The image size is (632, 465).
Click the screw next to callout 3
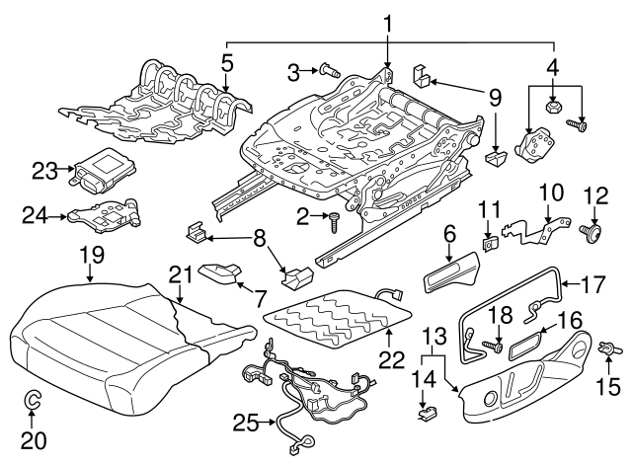point(329,70)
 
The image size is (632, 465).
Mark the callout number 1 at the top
point(388,22)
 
